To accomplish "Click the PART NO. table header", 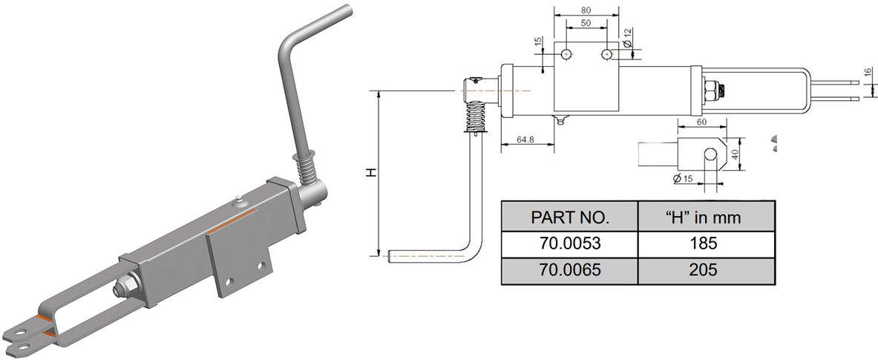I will (569, 218).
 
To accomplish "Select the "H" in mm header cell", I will (706, 218).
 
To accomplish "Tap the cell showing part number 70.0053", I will (569, 244).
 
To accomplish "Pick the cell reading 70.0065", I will (569, 271).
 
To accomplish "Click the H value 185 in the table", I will (706, 244).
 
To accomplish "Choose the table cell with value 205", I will (706, 271).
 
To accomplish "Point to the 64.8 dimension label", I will (526, 139).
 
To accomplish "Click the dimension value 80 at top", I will (586, 10).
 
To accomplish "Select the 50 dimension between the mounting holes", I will (586, 24).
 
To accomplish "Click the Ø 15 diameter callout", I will (682, 179).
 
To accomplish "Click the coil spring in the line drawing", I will (476, 116).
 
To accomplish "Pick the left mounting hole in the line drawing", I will (566, 53).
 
